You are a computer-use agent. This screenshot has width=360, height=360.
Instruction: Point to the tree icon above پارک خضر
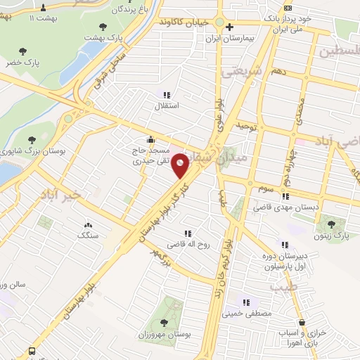(x=23, y=51)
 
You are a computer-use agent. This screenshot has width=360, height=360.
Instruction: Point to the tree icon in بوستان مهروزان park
(x=164, y=323)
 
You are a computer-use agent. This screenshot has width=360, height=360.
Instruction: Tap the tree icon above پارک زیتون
(x=330, y=224)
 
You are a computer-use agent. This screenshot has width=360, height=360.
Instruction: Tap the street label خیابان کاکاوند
(x=184, y=22)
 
